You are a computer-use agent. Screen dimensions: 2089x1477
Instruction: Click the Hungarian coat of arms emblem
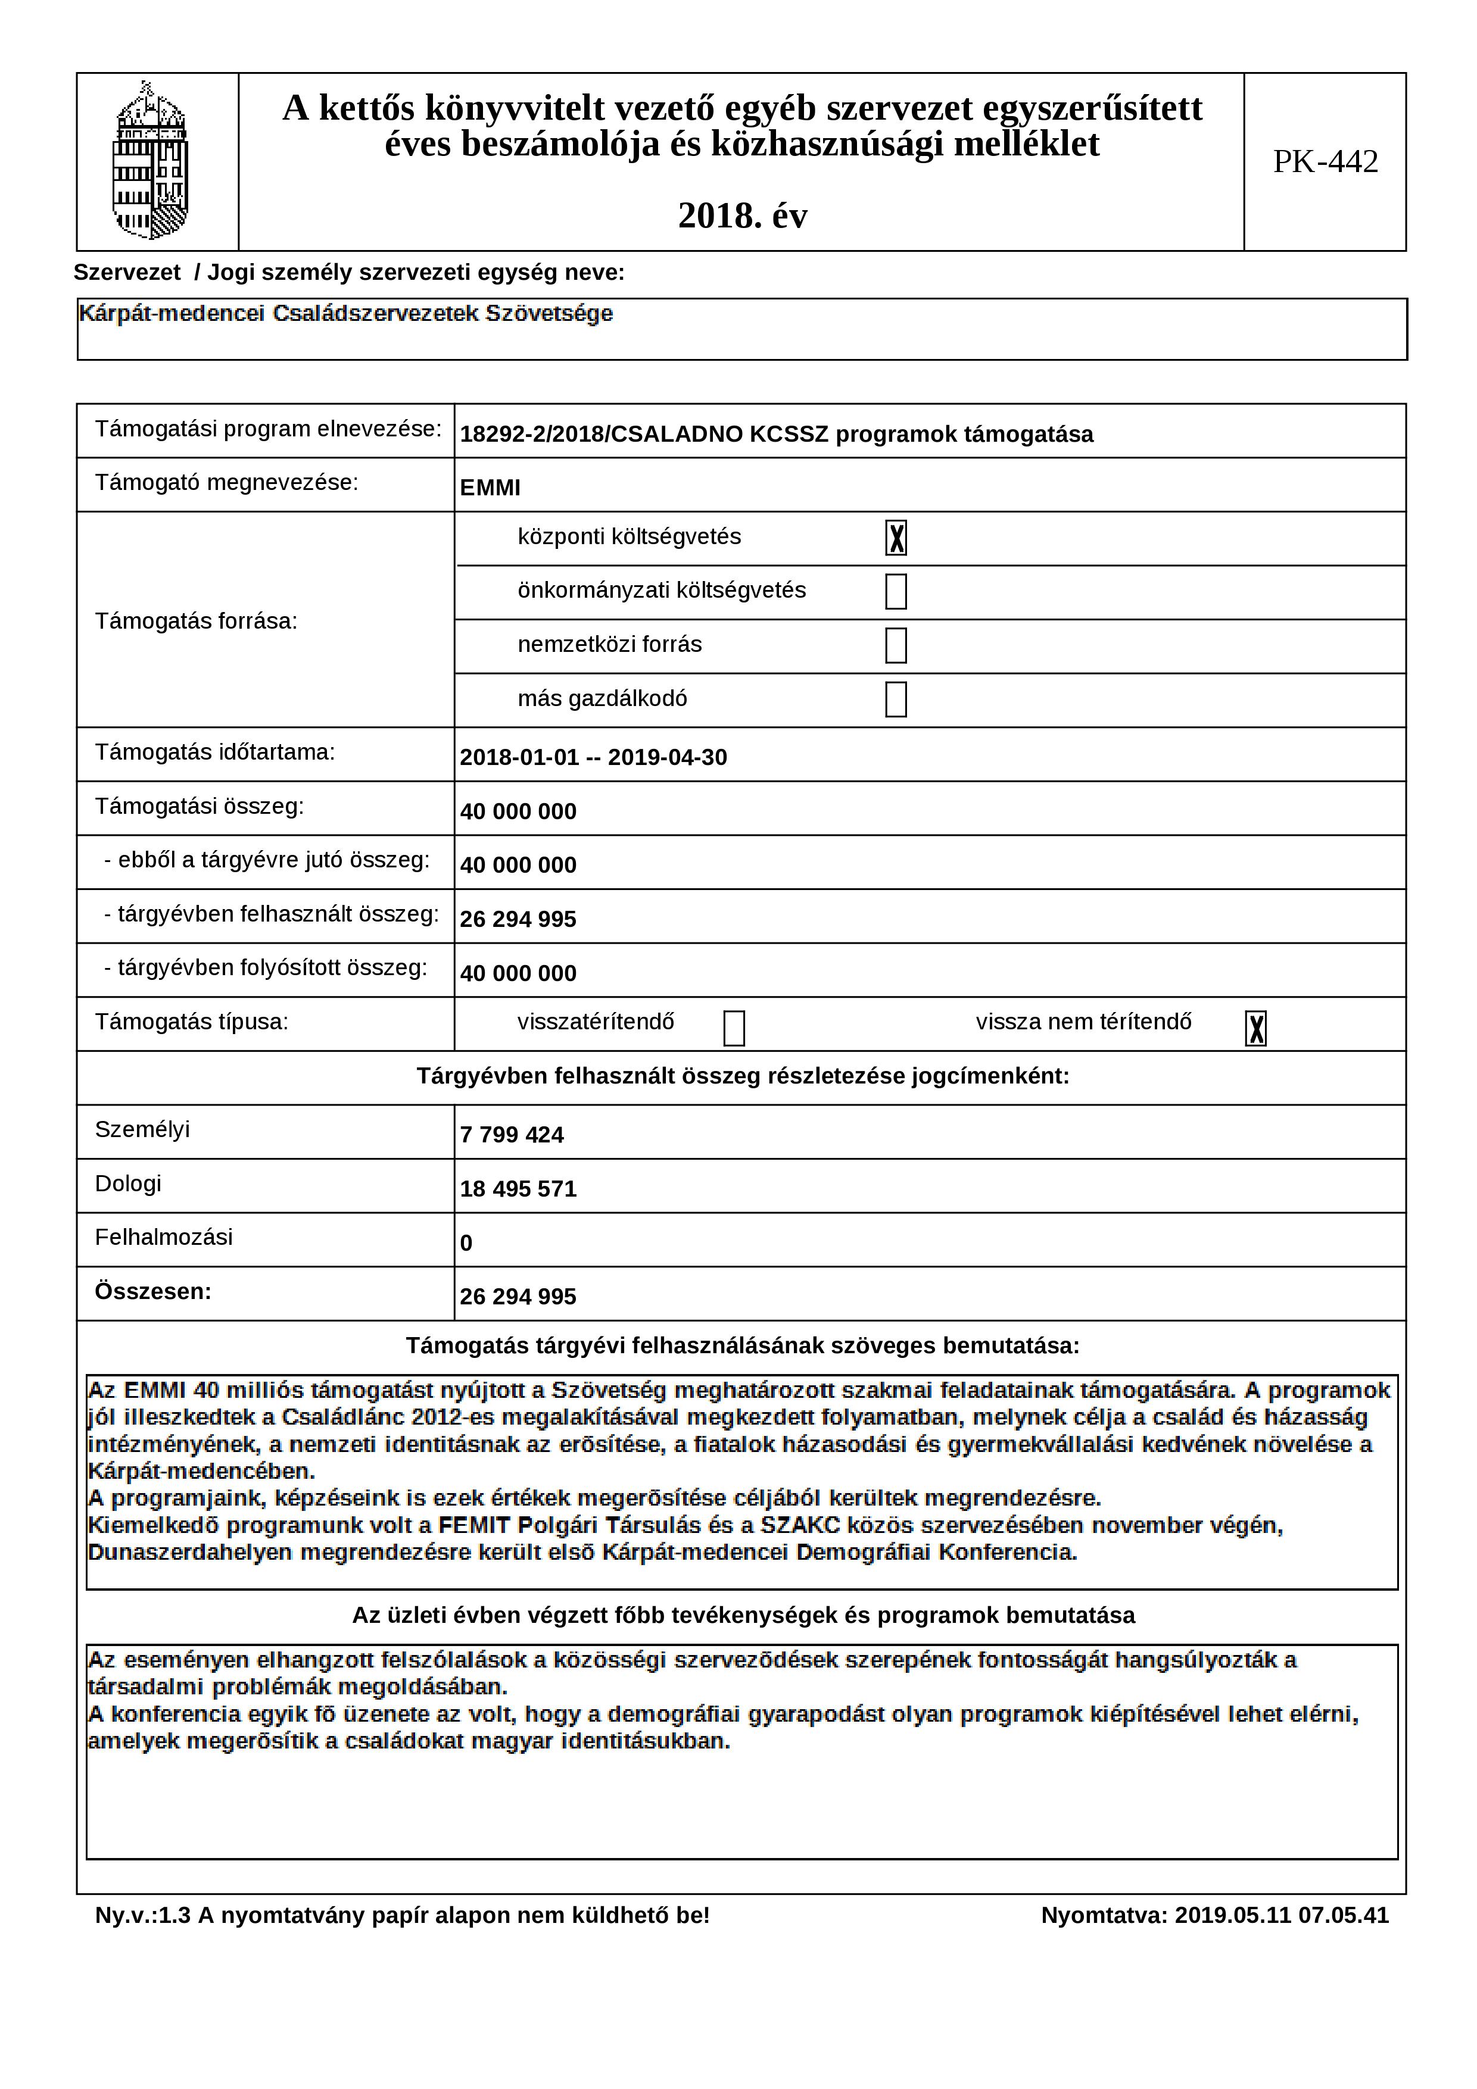pyautogui.click(x=150, y=161)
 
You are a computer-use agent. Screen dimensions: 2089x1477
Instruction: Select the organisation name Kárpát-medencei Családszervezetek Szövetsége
pyautogui.click(x=346, y=314)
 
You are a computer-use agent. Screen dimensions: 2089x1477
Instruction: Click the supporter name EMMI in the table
pyautogui.click(x=490, y=488)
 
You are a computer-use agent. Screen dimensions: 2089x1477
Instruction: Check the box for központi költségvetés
pyautogui.click(x=896, y=538)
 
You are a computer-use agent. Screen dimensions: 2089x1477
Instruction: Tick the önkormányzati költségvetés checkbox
pyautogui.click(x=896, y=591)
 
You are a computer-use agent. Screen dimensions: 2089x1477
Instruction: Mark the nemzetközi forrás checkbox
pyautogui.click(x=896, y=645)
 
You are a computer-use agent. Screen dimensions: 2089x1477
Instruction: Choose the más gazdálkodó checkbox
pyautogui.click(x=896, y=699)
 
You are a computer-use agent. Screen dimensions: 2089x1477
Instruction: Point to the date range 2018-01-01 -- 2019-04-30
pyautogui.click(x=593, y=758)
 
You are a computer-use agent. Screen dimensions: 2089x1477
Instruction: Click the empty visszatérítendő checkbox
pyautogui.click(x=734, y=1028)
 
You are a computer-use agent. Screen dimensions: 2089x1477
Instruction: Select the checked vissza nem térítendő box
pyautogui.click(x=1255, y=1028)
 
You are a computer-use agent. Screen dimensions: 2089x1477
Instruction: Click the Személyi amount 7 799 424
pyautogui.click(x=512, y=1135)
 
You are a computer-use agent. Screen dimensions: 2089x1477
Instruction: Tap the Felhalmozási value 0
pyautogui.click(x=466, y=1243)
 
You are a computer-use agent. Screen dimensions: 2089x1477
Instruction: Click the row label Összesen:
pyautogui.click(x=153, y=1291)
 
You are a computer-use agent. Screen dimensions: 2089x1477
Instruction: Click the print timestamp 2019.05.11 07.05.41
pyautogui.click(x=1281, y=1915)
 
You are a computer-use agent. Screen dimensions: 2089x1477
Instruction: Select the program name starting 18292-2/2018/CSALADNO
pyautogui.click(x=775, y=434)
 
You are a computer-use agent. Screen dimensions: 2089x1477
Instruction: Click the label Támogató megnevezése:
pyautogui.click(x=226, y=482)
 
